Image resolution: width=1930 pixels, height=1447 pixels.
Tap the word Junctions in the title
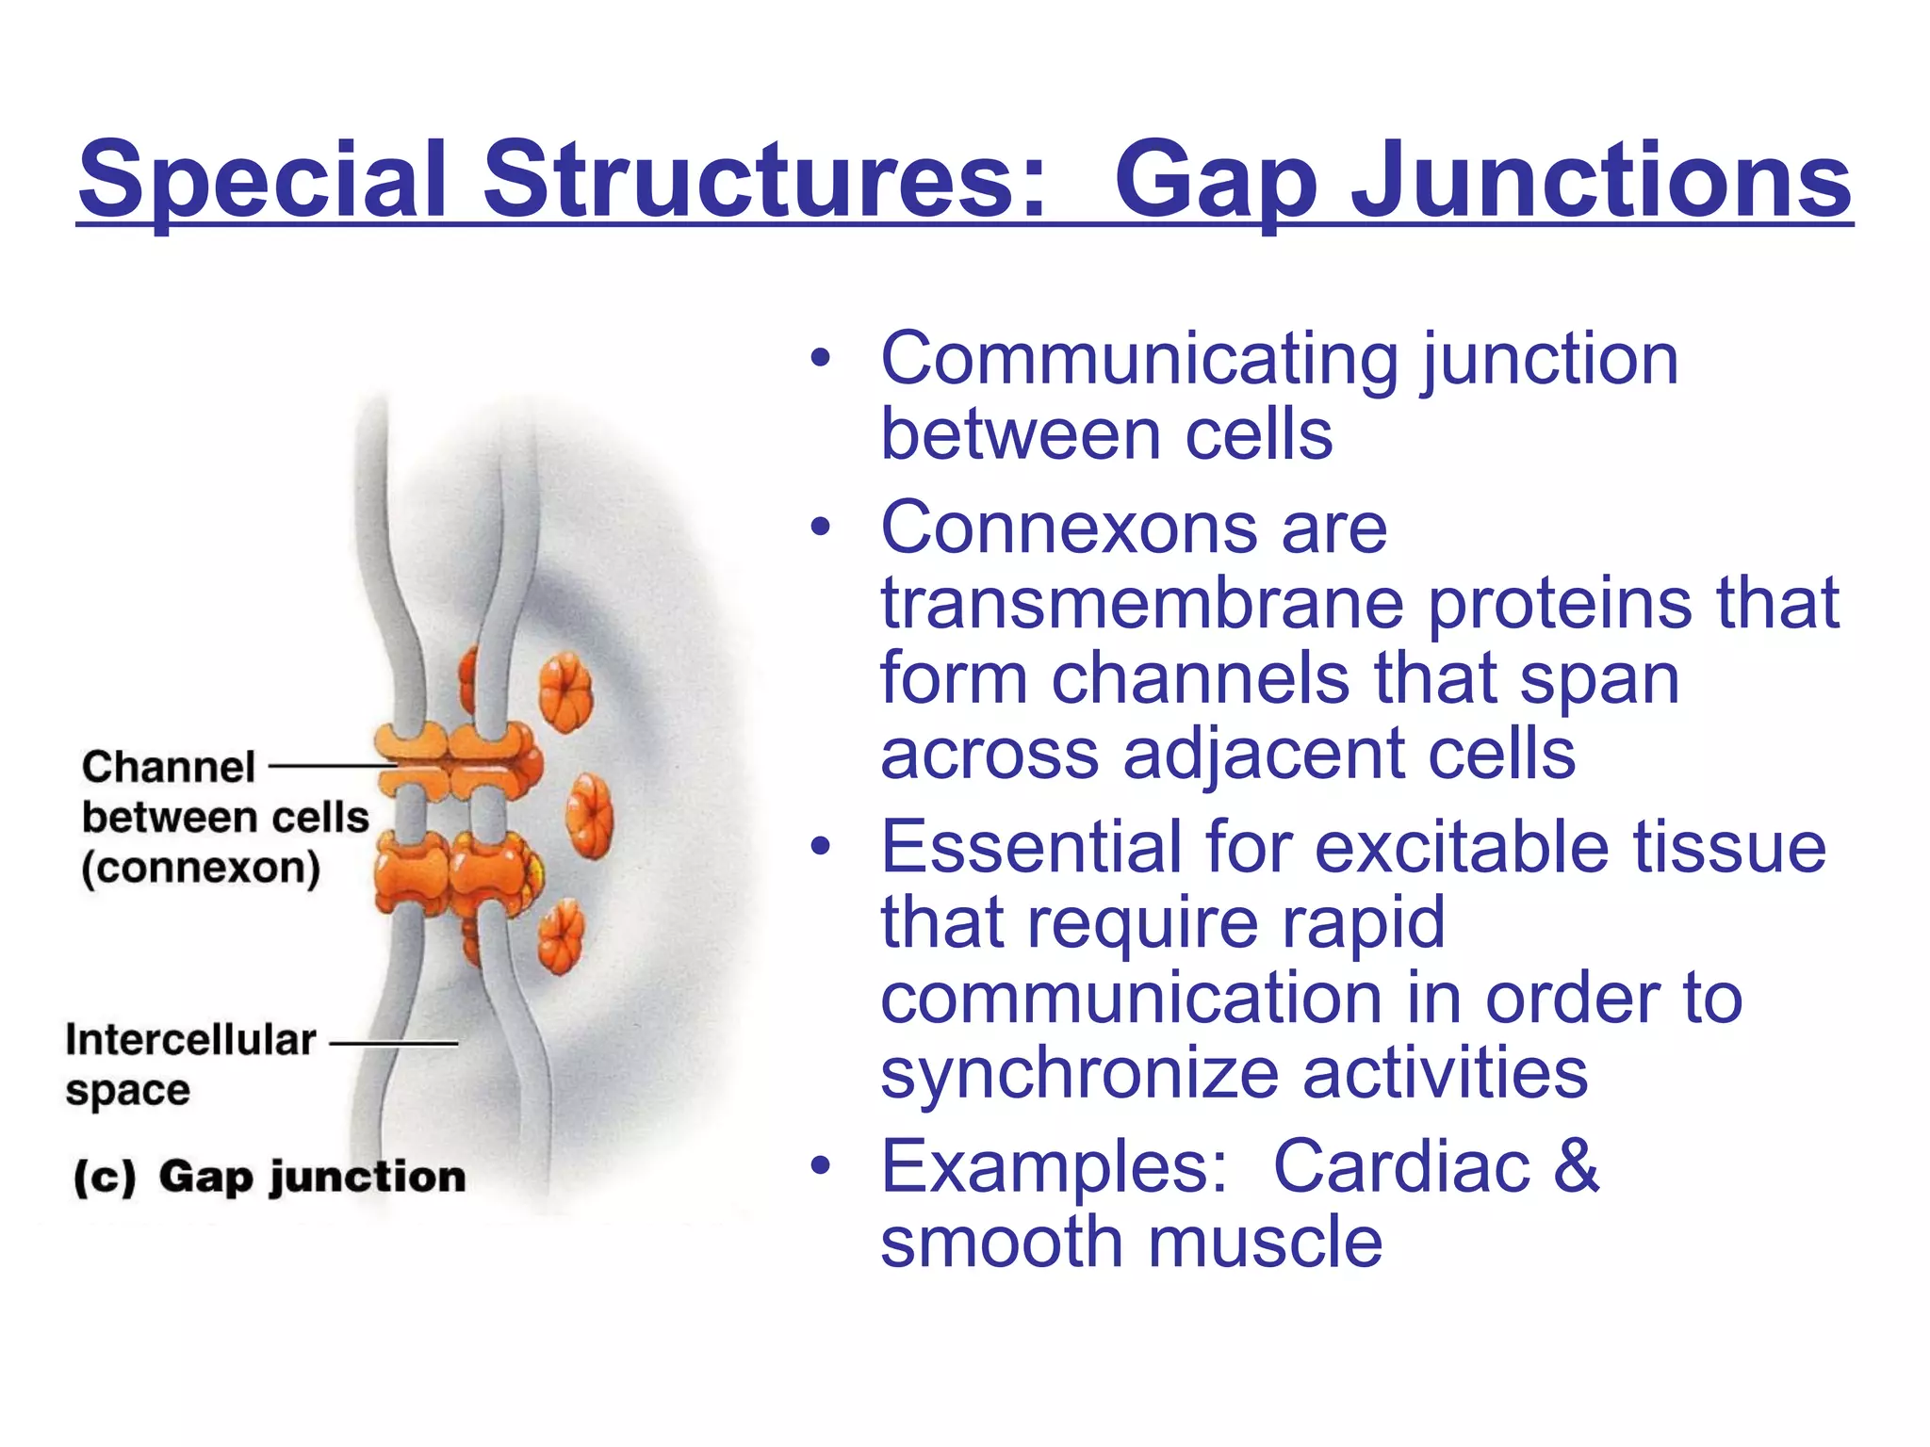(x=1601, y=179)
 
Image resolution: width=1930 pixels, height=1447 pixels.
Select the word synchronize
(x=1079, y=1074)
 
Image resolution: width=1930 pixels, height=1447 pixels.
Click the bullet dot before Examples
(x=821, y=1166)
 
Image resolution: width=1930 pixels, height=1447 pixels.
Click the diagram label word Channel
(x=168, y=767)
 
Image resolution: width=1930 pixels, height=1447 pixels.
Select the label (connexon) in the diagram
(x=200, y=869)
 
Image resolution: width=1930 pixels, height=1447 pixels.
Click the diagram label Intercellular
(x=190, y=1040)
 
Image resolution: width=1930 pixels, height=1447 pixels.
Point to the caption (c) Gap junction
(x=270, y=1178)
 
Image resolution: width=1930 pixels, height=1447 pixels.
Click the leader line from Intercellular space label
(x=394, y=1043)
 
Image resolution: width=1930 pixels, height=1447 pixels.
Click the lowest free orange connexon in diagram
(x=562, y=935)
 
